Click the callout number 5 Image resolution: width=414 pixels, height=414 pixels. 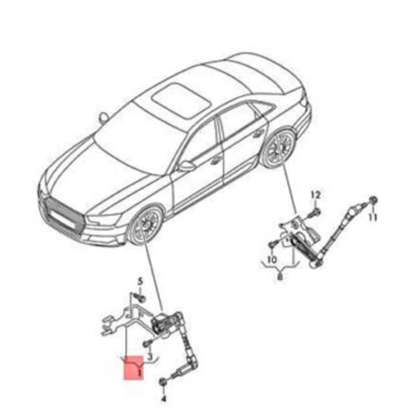(x=139, y=282)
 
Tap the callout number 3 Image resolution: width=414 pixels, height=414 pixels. (x=150, y=357)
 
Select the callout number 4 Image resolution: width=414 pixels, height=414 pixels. (x=164, y=400)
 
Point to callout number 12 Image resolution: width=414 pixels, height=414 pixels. (x=316, y=195)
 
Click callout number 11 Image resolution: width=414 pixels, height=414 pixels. (x=373, y=217)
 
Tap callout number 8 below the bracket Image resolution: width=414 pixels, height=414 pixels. (x=280, y=276)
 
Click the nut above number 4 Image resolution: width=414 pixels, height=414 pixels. (x=164, y=382)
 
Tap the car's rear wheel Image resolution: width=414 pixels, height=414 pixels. (x=278, y=149)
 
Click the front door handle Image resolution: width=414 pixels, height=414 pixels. (x=213, y=160)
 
